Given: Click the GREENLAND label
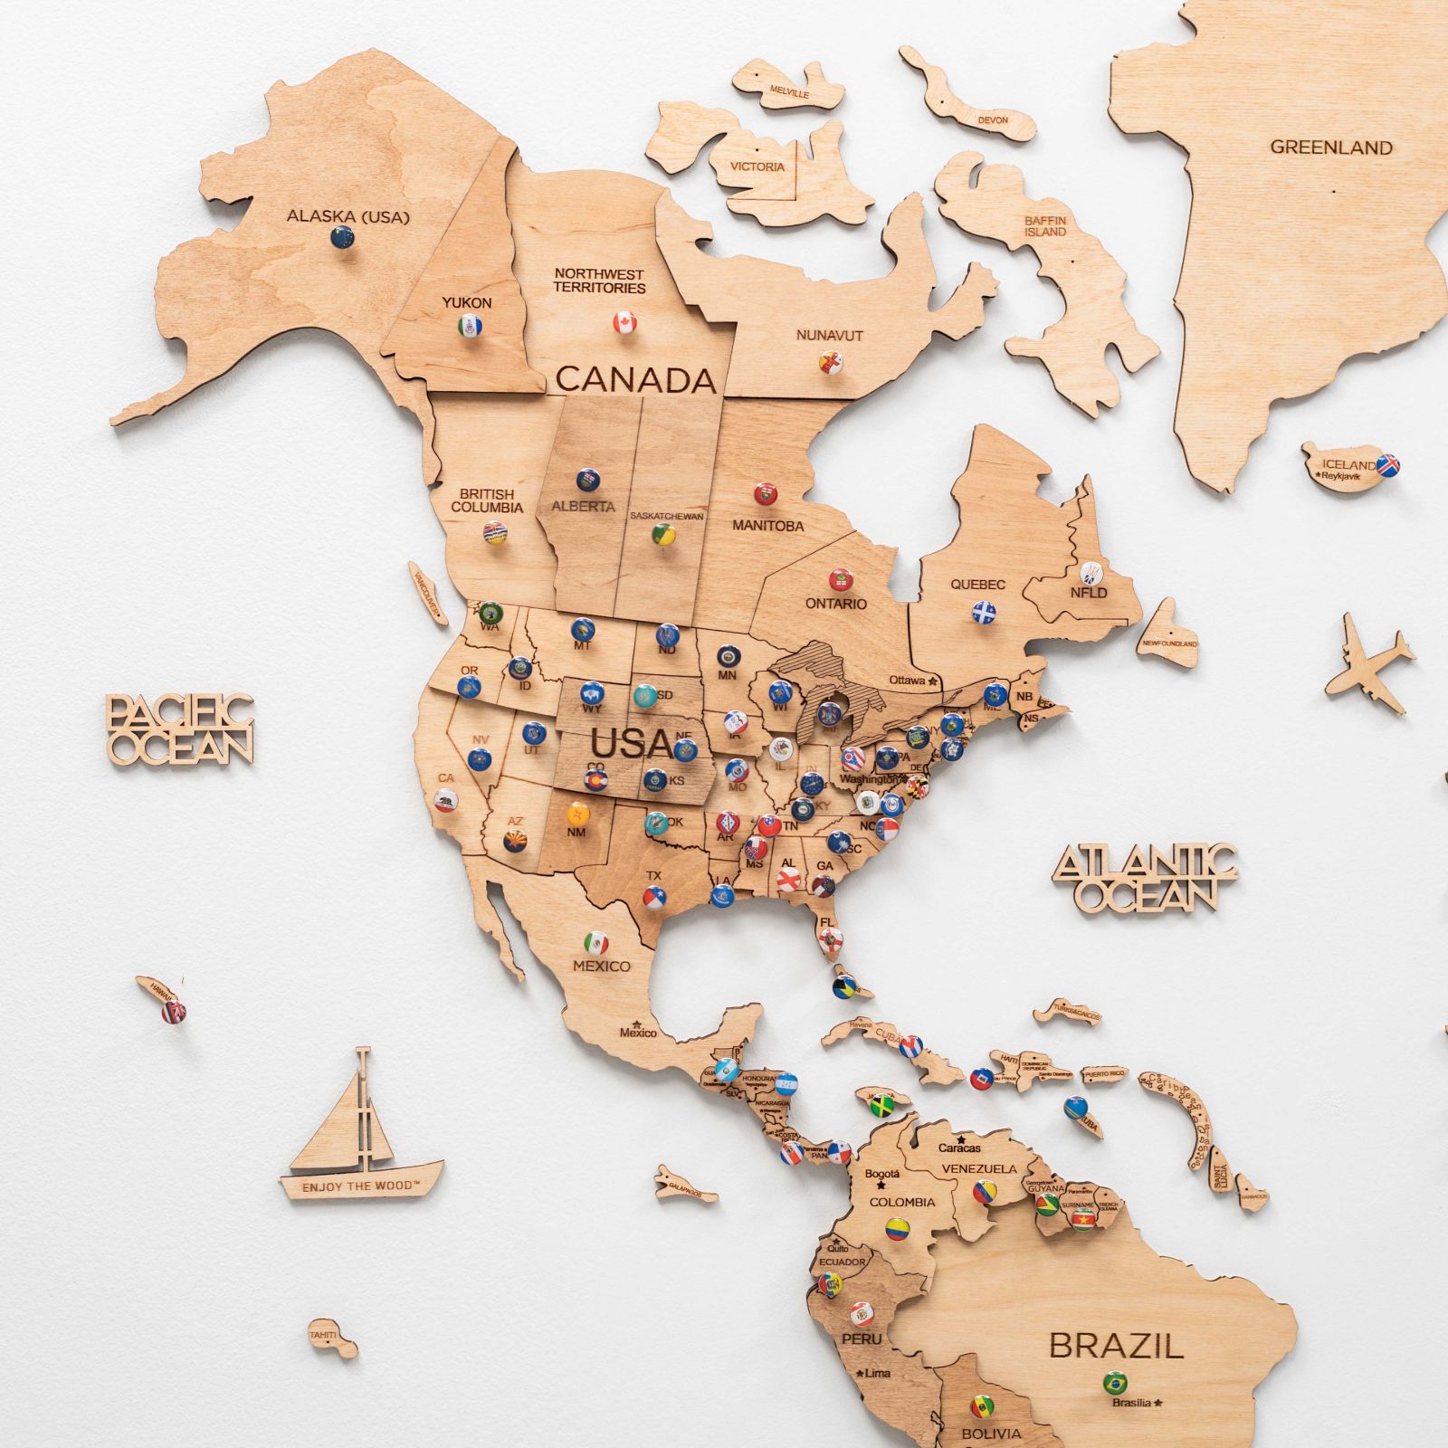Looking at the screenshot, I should coord(1331,148).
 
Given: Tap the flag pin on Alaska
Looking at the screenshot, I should coord(343,237).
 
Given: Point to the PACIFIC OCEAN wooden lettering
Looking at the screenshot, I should coord(179,729).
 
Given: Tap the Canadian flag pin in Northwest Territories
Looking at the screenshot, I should coord(625,323).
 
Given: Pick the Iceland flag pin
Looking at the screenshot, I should coord(1387,465).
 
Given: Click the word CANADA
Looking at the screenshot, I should coord(635,379).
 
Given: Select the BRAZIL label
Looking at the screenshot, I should coord(1116,1346).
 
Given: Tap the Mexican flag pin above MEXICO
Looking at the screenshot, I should coord(595,942).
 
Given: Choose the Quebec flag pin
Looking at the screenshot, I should coord(984,612).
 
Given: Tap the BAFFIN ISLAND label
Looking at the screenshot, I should coord(1045,226).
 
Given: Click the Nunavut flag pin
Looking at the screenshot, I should coord(829,363).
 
